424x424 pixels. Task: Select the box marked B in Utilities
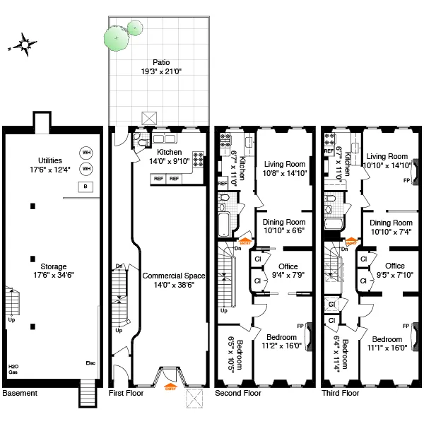86,187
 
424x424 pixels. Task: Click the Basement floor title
19,392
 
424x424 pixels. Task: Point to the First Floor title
126,392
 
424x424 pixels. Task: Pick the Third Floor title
339,392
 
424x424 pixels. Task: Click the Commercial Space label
169,276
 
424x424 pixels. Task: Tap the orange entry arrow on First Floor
170,384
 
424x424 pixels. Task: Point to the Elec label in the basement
90,364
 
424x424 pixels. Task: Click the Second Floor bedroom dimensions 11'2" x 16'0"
283,346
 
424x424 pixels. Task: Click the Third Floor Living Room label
388,156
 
